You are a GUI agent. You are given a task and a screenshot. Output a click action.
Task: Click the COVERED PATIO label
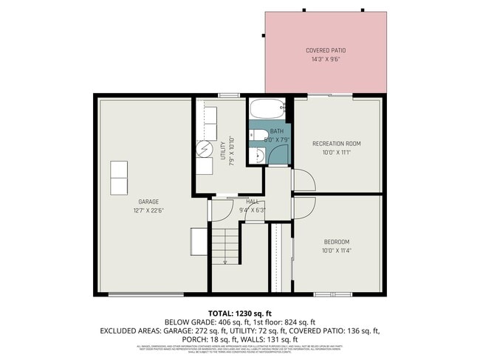(x=326, y=51)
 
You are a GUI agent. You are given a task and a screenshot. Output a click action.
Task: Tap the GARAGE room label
(x=148, y=201)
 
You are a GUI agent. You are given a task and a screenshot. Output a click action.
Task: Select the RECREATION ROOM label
(x=336, y=143)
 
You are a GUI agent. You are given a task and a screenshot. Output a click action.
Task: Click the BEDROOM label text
(x=336, y=242)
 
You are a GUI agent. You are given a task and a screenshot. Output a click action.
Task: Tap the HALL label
(x=252, y=201)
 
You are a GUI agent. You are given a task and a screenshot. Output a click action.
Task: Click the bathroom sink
(x=260, y=156)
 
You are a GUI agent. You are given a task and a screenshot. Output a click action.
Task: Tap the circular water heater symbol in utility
(x=204, y=149)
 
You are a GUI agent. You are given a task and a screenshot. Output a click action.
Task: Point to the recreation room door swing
(x=303, y=180)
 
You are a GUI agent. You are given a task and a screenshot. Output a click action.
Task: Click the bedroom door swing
(x=303, y=207)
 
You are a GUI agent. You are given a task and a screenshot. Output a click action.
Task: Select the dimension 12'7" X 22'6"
(x=148, y=210)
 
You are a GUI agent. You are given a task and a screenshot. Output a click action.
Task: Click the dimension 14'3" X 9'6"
(x=326, y=60)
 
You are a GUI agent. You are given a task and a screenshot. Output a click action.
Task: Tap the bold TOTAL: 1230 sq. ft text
(x=240, y=313)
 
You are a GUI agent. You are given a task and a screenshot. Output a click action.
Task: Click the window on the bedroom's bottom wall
(x=332, y=294)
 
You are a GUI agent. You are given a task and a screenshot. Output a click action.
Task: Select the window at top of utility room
(x=228, y=95)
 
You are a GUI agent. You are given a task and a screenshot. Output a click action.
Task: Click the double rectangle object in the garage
(x=118, y=178)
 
